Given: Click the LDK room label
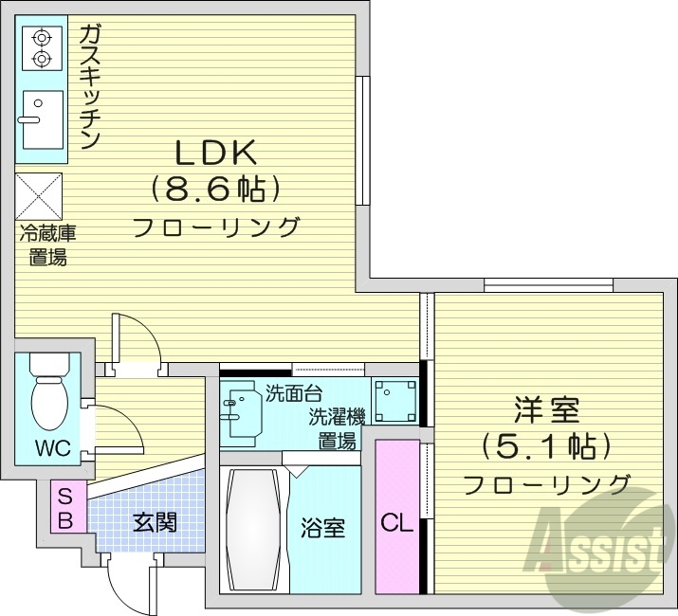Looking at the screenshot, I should pyautogui.click(x=214, y=152).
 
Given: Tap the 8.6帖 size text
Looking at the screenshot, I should pyautogui.click(x=215, y=189).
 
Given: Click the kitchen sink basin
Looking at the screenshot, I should pyautogui.click(x=40, y=119).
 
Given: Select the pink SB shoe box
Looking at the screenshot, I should pyautogui.click(x=65, y=508).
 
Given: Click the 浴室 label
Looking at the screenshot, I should pyautogui.click(x=322, y=527).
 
